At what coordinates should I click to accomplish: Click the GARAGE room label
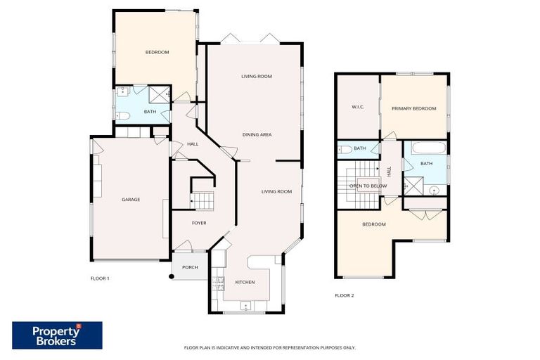click(x=131, y=200)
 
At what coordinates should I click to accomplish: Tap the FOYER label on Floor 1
click(x=200, y=223)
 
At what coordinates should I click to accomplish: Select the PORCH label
click(x=190, y=267)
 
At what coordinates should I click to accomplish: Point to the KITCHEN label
click(x=244, y=283)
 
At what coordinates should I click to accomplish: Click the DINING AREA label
click(x=257, y=134)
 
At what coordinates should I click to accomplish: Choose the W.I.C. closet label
click(x=356, y=108)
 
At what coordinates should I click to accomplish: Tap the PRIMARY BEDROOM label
click(x=414, y=108)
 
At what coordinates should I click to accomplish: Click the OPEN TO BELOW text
click(x=368, y=186)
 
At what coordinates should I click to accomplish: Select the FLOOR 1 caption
click(x=100, y=278)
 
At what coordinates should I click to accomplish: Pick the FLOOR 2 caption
click(x=344, y=295)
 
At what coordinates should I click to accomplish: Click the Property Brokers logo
click(x=57, y=335)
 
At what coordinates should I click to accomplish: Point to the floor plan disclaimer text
click(x=269, y=347)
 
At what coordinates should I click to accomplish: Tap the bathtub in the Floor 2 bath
click(x=426, y=149)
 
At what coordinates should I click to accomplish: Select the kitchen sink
click(x=245, y=306)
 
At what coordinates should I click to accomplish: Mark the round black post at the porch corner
click(x=171, y=276)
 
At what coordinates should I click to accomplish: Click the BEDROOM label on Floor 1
click(x=157, y=52)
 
